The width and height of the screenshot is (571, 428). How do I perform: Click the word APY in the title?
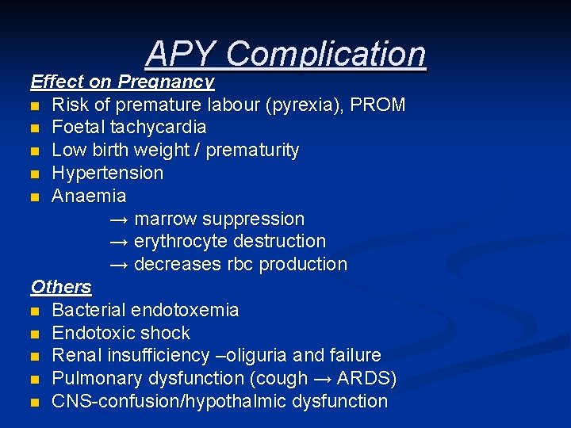[181, 54]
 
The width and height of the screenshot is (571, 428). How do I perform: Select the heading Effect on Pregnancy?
[122, 82]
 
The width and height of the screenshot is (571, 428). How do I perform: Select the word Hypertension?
[107, 173]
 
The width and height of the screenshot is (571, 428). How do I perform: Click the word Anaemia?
[89, 195]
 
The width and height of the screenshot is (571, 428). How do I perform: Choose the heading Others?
[61, 287]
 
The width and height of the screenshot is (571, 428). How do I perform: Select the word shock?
[165, 333]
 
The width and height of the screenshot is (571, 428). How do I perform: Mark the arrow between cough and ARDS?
[324, 378]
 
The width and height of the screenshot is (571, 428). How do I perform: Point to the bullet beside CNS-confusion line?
[36, 403]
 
